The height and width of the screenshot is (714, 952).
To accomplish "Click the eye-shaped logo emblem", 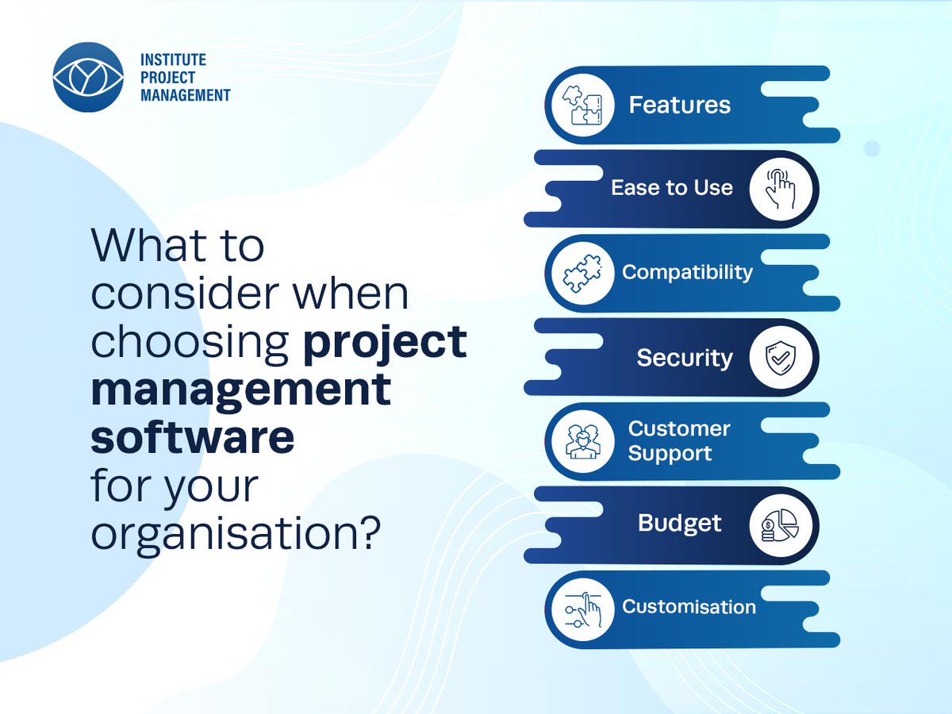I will click(x=88, y=77).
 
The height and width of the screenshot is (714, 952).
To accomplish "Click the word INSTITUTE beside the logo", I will click(x=173, y=60).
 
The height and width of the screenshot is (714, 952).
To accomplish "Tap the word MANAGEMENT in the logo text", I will click(x=185, y=95).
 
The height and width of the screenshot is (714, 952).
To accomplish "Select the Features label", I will click(x=679, y=106).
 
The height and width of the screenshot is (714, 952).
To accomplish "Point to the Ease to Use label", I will click(x=671, y=188).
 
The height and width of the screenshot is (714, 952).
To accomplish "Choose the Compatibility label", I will click(x=687, y=272).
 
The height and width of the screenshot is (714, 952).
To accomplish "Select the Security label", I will click(x=685, y=358).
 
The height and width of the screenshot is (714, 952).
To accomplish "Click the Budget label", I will click(x=680, y=524).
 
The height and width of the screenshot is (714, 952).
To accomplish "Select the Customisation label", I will click(x=689, y=607).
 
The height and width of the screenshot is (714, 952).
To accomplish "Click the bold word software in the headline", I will click(x=192, y=438).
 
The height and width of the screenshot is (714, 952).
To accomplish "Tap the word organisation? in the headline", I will click(x=232, y=534).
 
